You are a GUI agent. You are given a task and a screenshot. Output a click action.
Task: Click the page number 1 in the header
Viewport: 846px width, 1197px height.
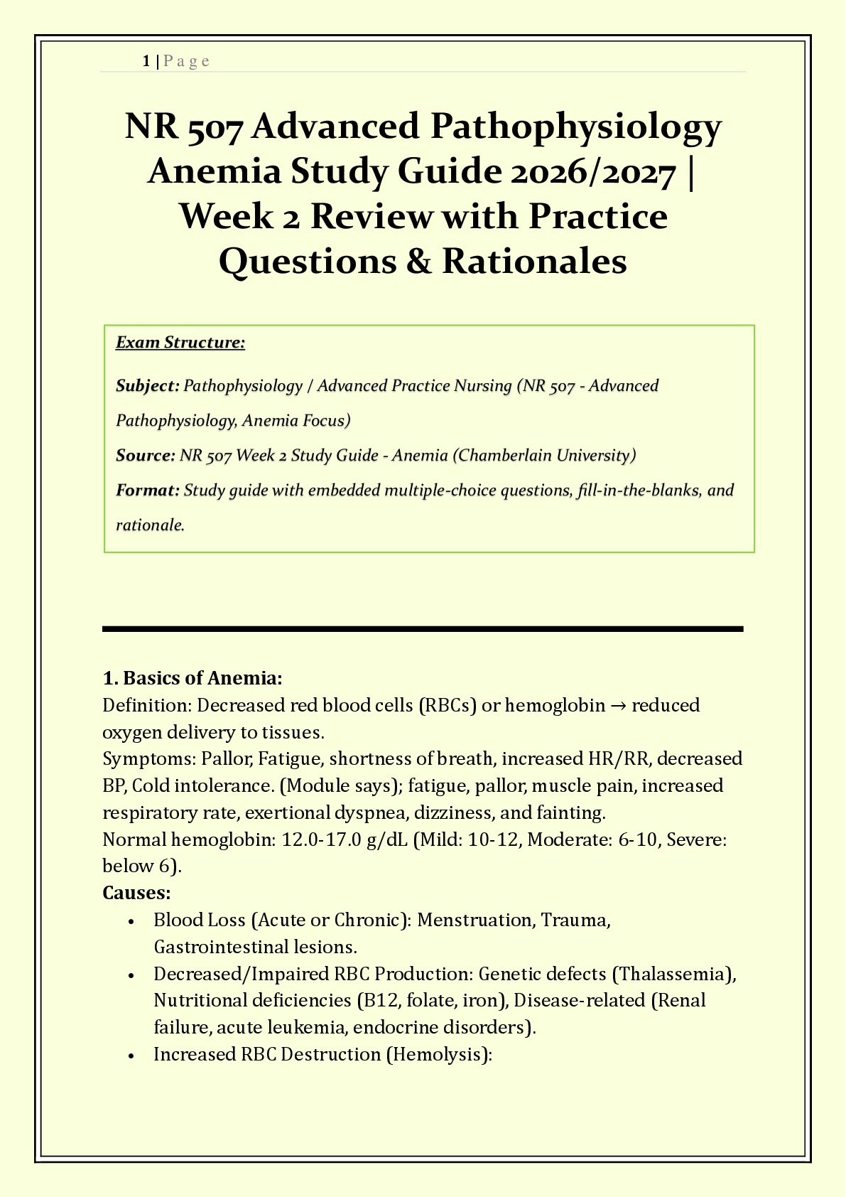(x=146, y=61)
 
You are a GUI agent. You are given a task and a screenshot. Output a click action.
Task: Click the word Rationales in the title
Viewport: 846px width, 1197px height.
(x=534, y=261)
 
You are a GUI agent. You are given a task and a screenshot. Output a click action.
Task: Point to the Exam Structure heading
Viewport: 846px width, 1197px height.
(x=180, y=343)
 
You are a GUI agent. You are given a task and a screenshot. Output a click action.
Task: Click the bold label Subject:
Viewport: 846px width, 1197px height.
(x=147, y=386)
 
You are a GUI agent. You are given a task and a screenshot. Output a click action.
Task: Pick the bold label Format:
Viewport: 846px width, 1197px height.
(x=147, y=490)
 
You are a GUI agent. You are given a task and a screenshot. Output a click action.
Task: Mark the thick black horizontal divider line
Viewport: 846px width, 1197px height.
(x=423, y=628)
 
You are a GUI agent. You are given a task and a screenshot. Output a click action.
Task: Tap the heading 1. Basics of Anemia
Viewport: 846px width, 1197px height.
(x=192, y=678)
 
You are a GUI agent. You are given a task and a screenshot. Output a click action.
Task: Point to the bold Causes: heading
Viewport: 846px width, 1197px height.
(x=136, y=892)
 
